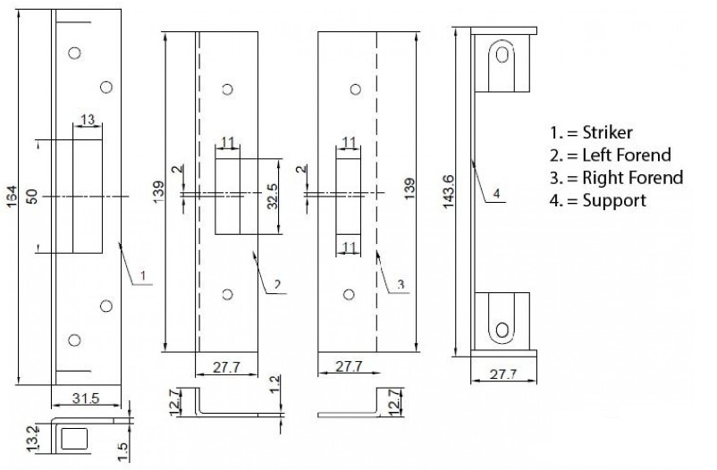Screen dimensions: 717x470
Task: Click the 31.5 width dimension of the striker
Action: point(86,399)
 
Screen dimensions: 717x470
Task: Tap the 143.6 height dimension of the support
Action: point(448,191)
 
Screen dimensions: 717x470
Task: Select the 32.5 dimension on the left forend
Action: point(273,197)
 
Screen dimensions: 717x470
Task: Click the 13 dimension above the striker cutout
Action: point(88,120)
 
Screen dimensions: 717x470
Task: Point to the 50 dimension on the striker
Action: point(31,197)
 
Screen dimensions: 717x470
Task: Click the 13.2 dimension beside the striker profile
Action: point(32,439)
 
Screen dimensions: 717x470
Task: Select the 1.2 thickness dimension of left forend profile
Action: point(274,384)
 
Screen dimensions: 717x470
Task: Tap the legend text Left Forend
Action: point(627,155)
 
